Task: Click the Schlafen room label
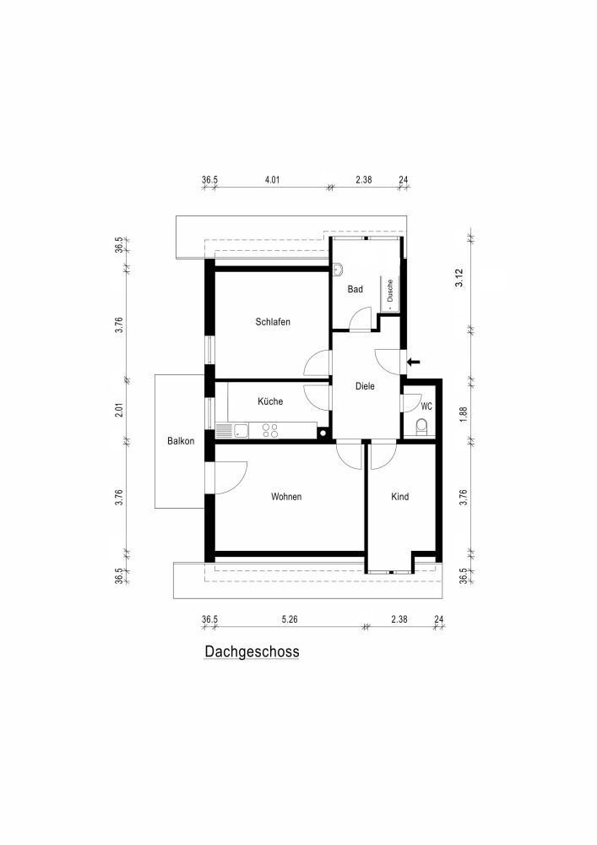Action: [x=273, y=322]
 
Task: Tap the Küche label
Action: [x=270, y=401]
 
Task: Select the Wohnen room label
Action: [x=286, y=497]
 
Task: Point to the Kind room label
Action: [x=399, y=497]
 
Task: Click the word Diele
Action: [x=364, y=386]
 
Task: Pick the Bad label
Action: [x=355, y=289]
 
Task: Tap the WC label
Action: [x=426, y=406]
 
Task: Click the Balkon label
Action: [x=181, y=441]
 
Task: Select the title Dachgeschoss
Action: [x=252, y=652]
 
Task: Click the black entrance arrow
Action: [x=414, y=362]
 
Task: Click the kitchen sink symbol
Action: [x=240, y=431]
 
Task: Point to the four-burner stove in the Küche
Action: [x=270, y=431]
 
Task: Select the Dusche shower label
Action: [x=390, y=292]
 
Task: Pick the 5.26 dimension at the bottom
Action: [x=289, y=619]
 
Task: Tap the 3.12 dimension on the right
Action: [x=460, y=278]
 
